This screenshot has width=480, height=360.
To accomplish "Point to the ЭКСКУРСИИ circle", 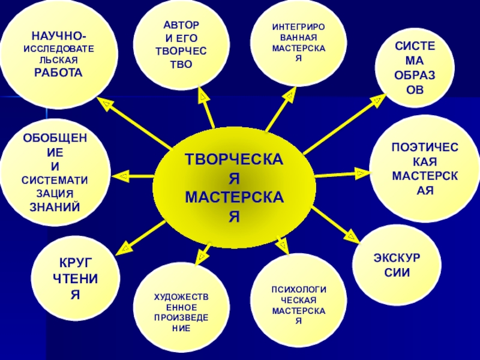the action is click(397, 264).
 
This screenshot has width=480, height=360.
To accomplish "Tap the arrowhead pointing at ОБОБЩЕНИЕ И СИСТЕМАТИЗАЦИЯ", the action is click(121, 176).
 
